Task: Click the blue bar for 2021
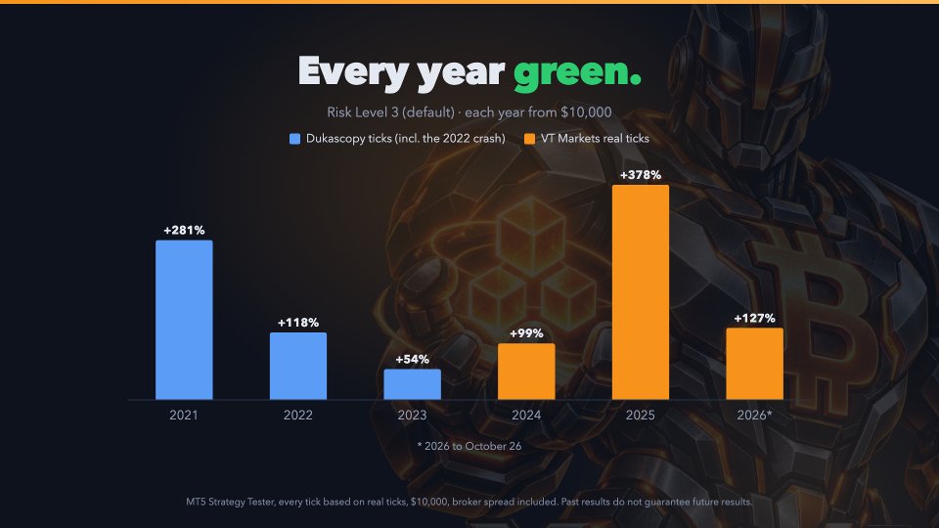pyautogui.click(x=184, y=320)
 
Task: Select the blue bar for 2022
pyautogui.click(x=298, y=366)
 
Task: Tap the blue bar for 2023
pyautogui.click(x=412, y=384)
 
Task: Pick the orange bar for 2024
pyautogui.click(x=526, y=372)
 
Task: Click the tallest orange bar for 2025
pyautogui.click(x=640, y=292)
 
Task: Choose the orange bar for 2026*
pyautogui.click(x=754, y=364)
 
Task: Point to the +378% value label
pyautogui.click(x=640, y=175)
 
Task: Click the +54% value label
pyautogui.click(x=412, y=359)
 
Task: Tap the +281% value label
pyautogui.click(x=184, y=230)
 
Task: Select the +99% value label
pyautogui.click(x=526, y=333)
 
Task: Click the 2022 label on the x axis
pyautogui.click(x=298, y=415)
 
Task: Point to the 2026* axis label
pyautogui.click(x=754, y=415)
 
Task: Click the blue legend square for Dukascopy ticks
pyautogui.click(x=294, y=139)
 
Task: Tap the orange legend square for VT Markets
pyautogui.click(x=529, y=139)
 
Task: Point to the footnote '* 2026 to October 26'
pyautogui.click(x=469, y=446)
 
